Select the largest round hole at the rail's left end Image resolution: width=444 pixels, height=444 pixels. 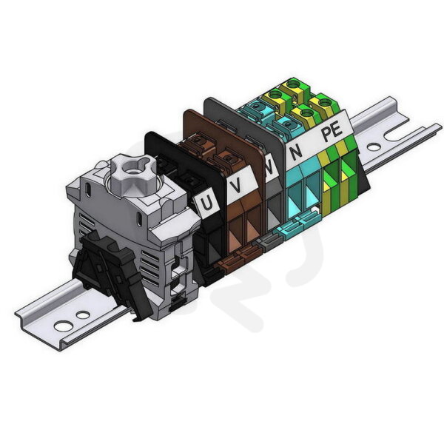coord(64,326)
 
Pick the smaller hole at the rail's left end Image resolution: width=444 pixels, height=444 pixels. coord(83,314)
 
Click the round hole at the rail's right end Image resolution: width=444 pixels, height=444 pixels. coord(374,147)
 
